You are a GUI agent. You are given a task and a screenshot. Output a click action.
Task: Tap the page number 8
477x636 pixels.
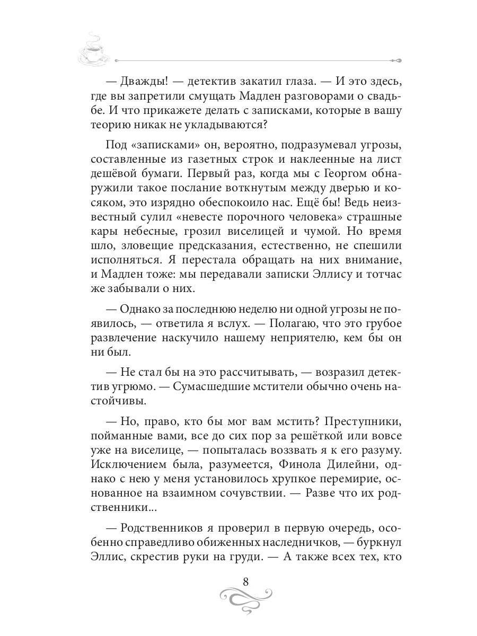point(245,581)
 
